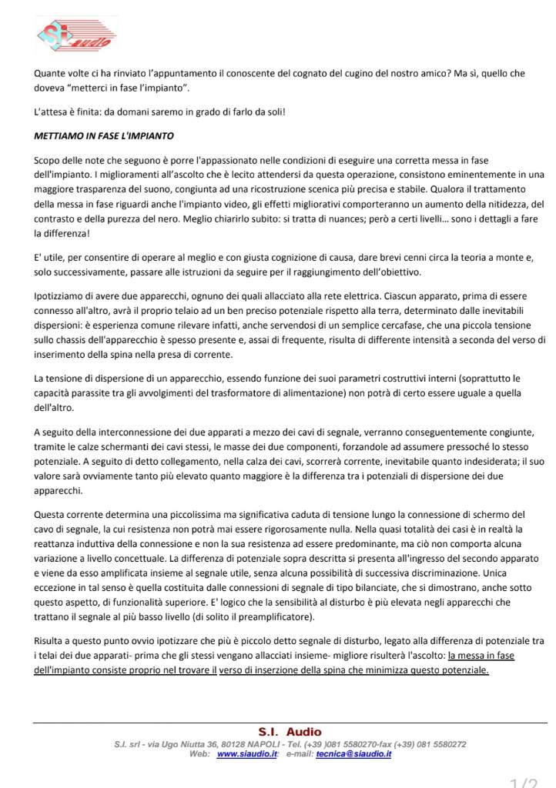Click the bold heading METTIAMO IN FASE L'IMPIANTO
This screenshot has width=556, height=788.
[x=104, y=136]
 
